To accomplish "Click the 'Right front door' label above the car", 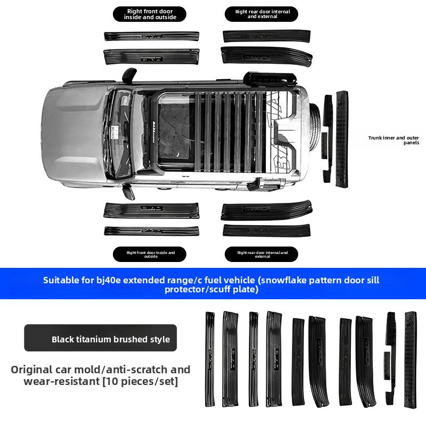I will coord(150,14).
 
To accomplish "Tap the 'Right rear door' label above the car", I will coord(261,14).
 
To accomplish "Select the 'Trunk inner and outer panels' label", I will coord(394,140).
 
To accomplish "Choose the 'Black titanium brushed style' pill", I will coord(100,339).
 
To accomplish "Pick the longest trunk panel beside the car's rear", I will coord(341,139).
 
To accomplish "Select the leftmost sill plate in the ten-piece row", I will coord(210,359).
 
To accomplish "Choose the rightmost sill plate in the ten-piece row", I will coord(410,359).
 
